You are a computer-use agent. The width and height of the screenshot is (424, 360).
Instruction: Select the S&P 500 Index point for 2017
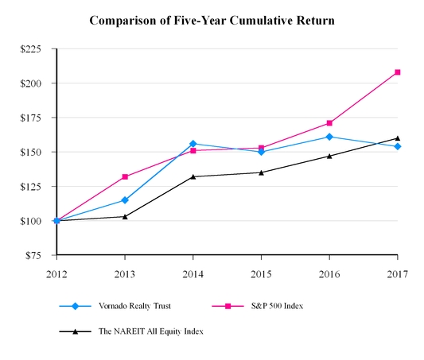(398, 72)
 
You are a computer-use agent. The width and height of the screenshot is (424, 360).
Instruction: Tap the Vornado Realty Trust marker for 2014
(193, 144)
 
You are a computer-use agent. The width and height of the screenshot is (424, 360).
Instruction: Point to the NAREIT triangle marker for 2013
(125, 216)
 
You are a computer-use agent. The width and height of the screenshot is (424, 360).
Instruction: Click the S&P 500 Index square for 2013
(125, 176)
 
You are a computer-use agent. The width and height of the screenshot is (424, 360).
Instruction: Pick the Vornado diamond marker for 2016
(329, 137)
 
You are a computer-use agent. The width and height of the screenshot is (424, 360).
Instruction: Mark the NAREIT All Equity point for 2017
(398, 138)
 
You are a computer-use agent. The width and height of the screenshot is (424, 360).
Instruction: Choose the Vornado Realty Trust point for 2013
(125, 200)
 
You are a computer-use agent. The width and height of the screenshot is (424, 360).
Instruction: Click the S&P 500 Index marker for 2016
(329, 123)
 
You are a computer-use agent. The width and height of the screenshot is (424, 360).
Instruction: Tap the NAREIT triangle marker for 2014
(193, 176)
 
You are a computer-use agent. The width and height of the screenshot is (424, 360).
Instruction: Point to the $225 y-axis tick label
(32, 49)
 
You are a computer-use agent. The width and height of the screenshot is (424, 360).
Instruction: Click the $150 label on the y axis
(32, 152)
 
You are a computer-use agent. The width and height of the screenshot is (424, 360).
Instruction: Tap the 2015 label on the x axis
(262, 274)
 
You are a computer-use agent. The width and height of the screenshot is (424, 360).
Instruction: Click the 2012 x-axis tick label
(56, 274)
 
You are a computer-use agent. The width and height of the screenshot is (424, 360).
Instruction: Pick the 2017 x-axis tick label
(398, 274)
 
